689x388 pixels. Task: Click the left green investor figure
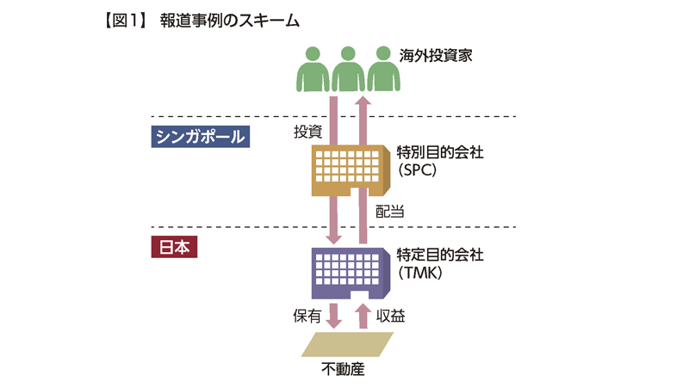pyautogui.click(x=313, y=68)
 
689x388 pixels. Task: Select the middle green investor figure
pyautogui.click(x=348, y=68)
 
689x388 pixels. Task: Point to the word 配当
pyautogui.click(x=390, y=209)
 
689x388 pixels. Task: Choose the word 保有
pyautogui.click(x=307, y=317)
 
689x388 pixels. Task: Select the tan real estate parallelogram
pyautogui.click(x=348, y=344)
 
